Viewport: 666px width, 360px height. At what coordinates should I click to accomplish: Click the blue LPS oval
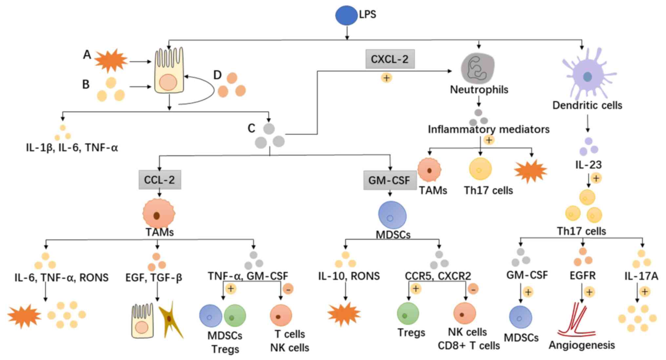click(346, 15)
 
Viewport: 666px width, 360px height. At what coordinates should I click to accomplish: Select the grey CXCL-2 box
click(390, 59)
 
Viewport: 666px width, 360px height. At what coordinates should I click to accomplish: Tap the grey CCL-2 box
click(160, 180)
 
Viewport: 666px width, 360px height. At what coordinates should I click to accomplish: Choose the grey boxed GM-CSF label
click(389, 180)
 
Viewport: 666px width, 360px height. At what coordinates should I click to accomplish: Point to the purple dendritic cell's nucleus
click(587, 77)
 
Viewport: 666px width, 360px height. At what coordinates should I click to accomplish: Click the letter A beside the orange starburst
click(87, 55)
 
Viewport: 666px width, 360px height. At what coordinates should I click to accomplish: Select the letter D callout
click(217, 75)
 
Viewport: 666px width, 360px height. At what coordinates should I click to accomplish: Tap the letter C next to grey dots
click(251, 128)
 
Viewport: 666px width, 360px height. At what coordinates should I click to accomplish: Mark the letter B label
click(86, 85)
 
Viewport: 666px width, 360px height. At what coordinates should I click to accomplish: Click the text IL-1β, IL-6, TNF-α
click(72, 148)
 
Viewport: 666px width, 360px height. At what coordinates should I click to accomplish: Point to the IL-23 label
click(588, 165)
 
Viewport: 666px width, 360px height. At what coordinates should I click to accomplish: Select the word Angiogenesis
click(582, 345)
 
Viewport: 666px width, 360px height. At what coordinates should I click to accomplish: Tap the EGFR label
click(582, 276)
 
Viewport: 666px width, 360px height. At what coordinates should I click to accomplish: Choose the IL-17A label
click(641, 276)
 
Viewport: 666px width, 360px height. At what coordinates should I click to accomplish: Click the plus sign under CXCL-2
click(387, 78)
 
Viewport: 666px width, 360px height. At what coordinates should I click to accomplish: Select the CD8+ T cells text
click(469, 346)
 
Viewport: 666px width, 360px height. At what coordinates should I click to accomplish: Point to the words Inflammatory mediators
click(488, 130)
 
